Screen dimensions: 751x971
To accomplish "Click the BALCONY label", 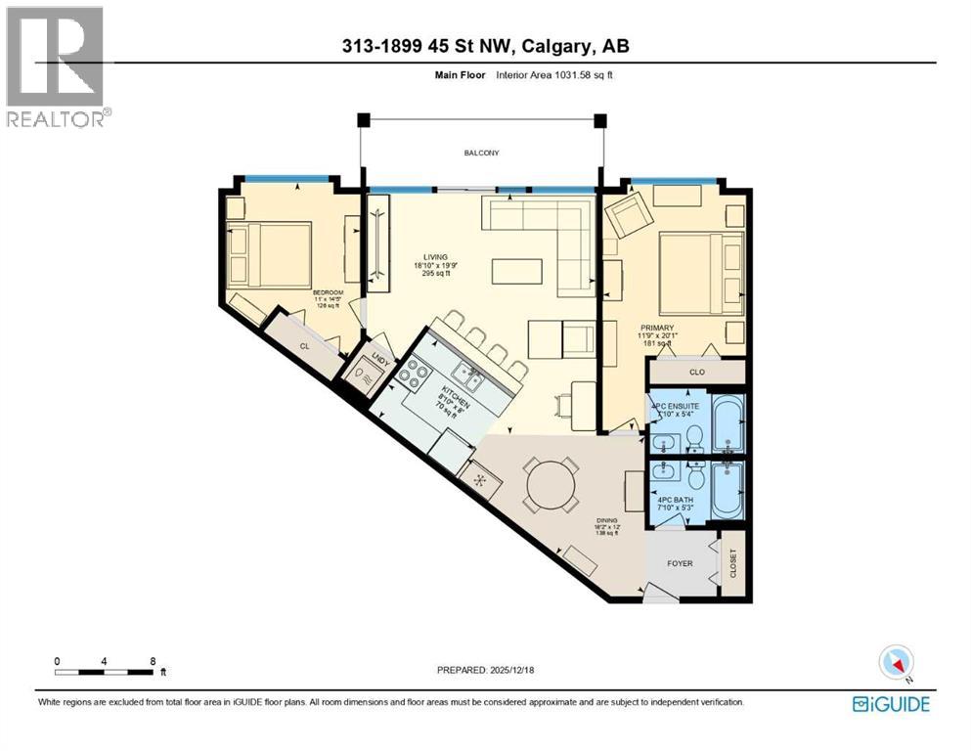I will [481, 153].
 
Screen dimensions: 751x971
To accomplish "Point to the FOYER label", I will [680, 563].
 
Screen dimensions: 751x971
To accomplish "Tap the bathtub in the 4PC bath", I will [727, 491].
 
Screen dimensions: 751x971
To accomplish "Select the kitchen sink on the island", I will [467, 374].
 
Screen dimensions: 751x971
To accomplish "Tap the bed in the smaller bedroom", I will [269, 253].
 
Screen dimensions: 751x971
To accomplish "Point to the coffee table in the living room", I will [517, 270].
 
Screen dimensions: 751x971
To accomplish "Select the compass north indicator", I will [896, 662].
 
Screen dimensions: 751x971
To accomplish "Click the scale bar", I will [105, 671].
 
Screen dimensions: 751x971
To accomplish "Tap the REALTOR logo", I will [57, 66].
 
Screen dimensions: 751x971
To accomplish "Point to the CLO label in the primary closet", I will [696, 373].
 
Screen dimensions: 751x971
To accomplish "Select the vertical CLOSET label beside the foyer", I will [733, 562].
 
